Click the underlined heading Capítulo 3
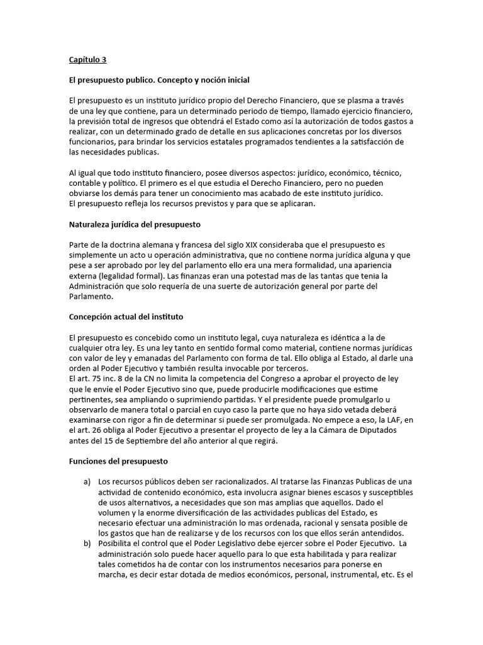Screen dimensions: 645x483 click(87, 60)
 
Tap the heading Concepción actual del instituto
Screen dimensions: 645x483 click(126, 316)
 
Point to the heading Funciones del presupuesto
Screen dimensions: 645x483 click(118, 462)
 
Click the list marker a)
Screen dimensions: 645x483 click(87, 482)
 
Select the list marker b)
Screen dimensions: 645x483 click(87, 543)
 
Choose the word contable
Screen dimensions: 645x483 click(84, 183)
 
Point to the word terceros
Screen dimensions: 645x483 click(288, 369)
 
